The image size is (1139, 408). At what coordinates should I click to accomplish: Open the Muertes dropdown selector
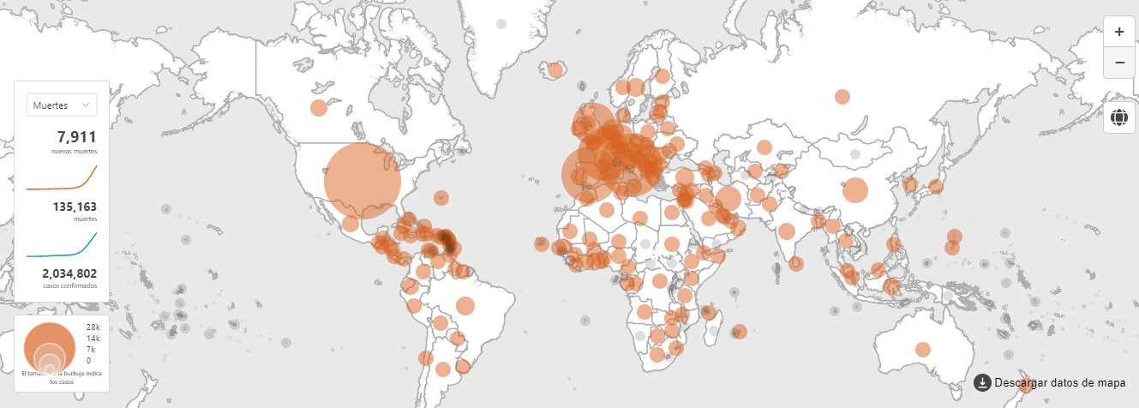tap(62, 105)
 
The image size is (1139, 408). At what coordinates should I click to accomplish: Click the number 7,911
tap(76, 137)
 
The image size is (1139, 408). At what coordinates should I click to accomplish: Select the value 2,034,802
tap(69, 273)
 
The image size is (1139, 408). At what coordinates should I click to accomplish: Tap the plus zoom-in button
tap(1118, 32)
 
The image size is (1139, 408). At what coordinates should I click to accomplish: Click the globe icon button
tap(1118, 117)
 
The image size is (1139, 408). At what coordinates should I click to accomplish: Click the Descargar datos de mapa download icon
tap(983, 382)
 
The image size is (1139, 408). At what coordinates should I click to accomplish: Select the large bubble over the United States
tap(363, 179)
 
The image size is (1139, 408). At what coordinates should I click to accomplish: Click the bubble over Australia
tap(923, 349)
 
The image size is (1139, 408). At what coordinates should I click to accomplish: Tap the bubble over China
tap(854, 189)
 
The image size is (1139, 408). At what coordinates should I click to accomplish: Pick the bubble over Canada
tap(319, 108)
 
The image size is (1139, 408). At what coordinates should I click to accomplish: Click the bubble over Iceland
tap(555, 69)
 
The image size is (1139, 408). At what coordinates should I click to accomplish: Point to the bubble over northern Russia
tap(842, 96)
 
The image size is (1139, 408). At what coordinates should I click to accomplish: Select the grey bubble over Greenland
tap(501, 24)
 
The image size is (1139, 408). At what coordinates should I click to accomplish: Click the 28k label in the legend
tap(93, 327)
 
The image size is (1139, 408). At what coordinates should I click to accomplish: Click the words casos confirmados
tap(70, 285)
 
